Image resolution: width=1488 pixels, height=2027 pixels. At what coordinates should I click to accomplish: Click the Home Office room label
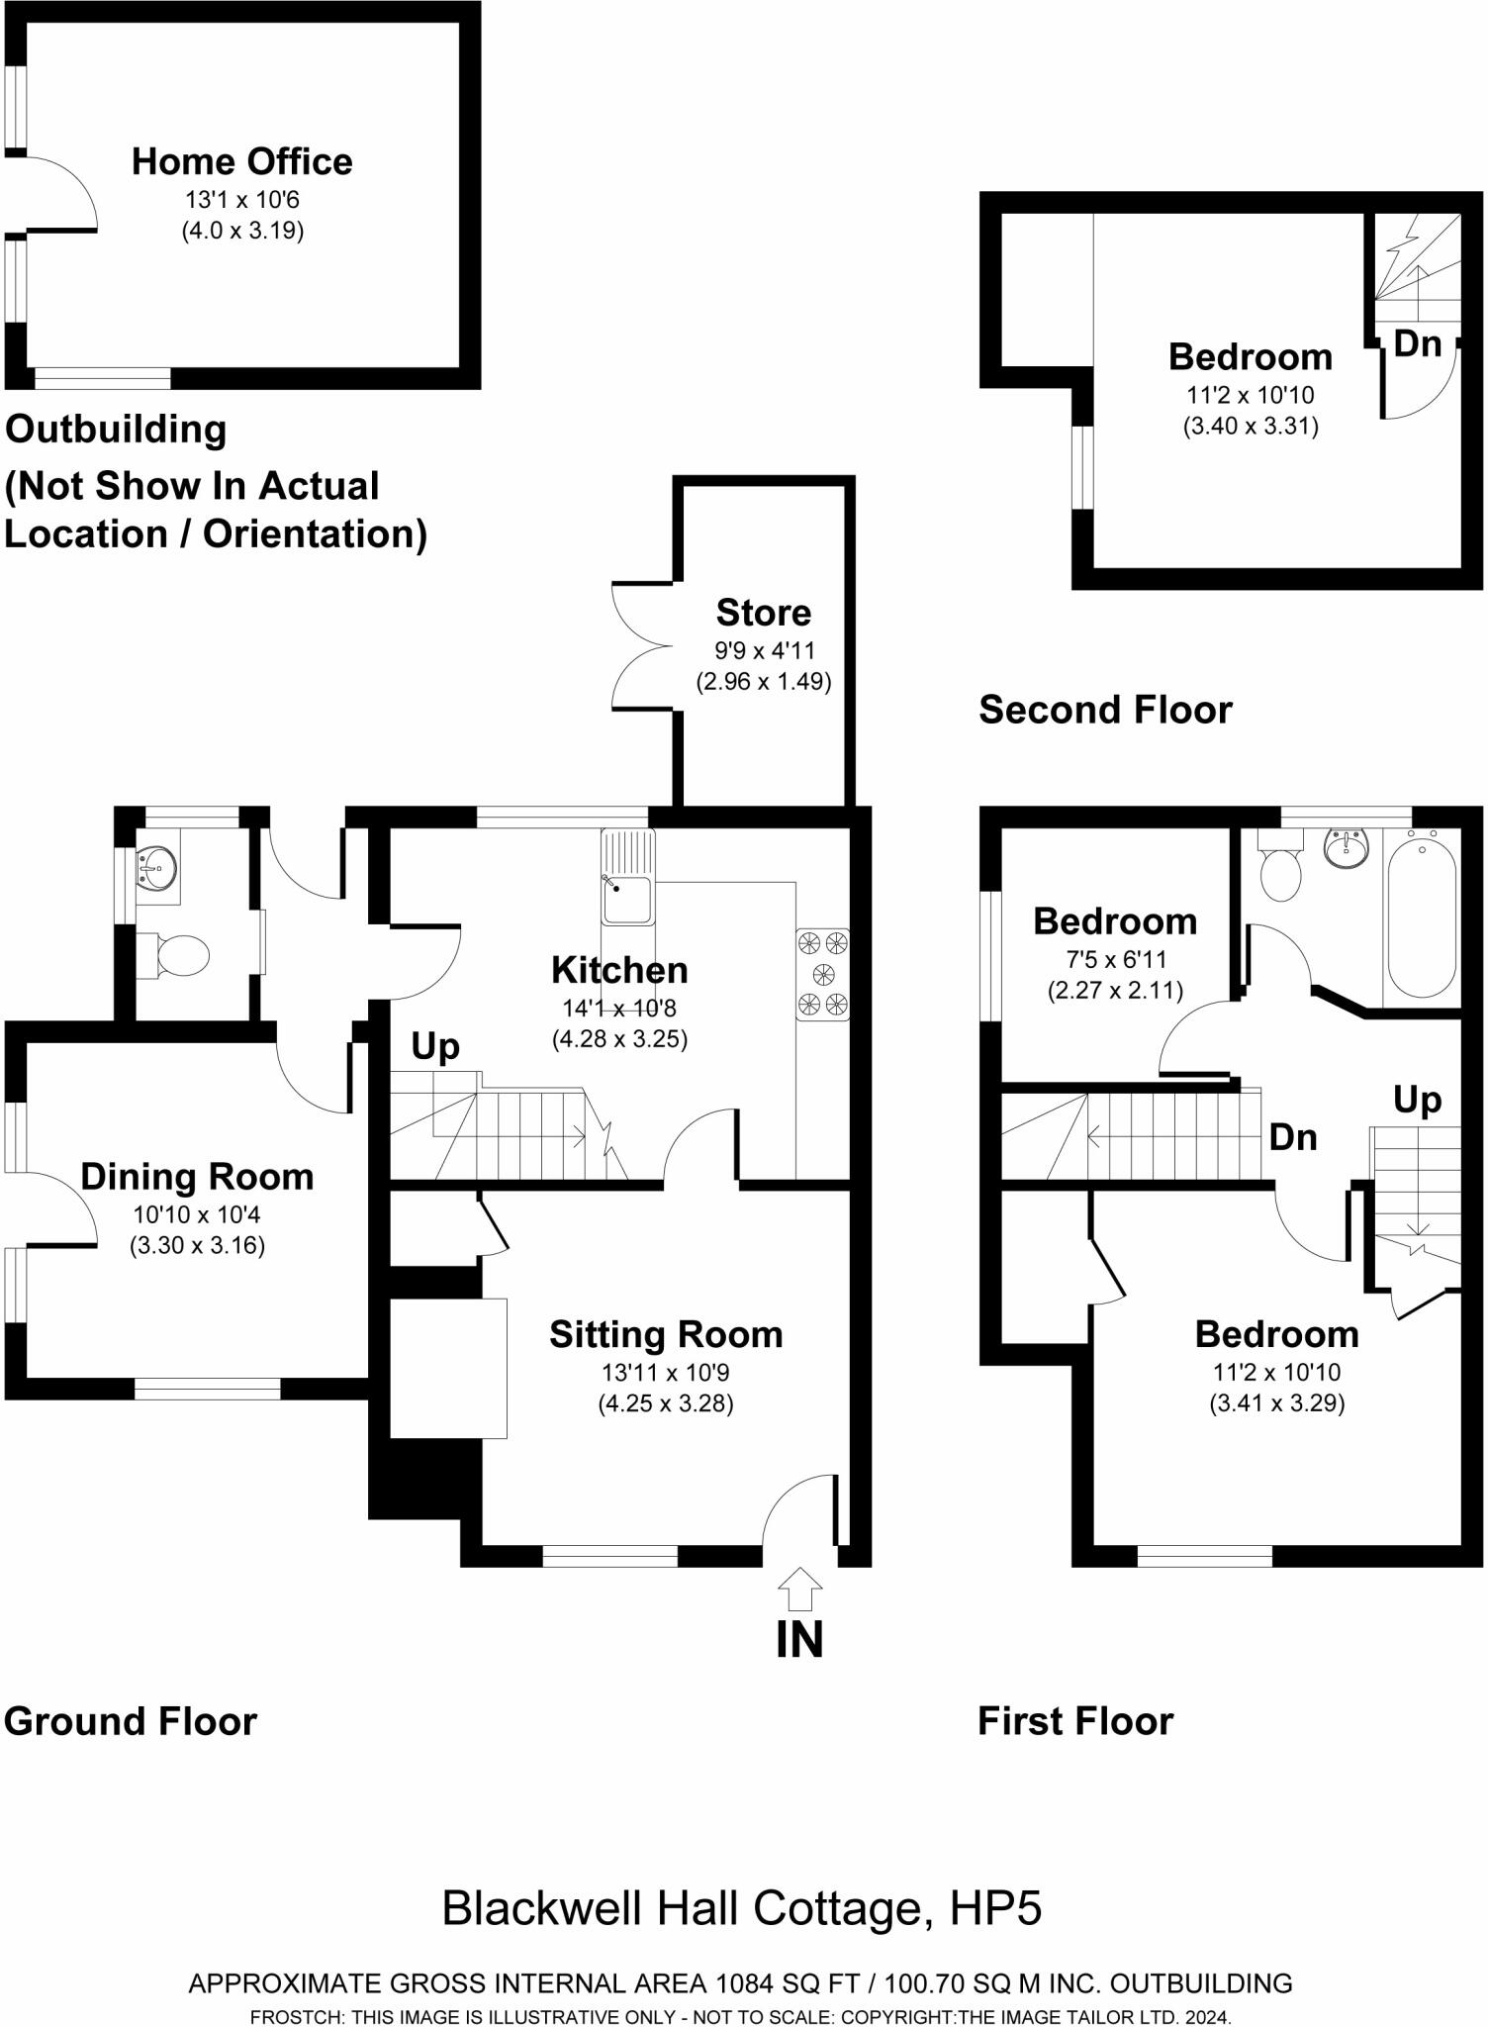coord(241,161)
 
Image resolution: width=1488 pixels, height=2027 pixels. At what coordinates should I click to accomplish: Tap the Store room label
coord(763,613)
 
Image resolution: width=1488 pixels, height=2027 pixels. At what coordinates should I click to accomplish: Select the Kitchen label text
coord(619,970)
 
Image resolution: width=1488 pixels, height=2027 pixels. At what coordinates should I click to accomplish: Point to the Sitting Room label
coord(666,1334)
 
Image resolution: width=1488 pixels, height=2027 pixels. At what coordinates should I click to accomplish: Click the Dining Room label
coord(197,1176)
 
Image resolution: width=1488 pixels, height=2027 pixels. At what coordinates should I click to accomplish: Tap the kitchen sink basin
coord(627,899)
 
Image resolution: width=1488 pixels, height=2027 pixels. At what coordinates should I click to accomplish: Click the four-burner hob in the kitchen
coord(823,974)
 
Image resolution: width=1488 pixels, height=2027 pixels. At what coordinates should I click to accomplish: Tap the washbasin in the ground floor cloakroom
coord(156,869)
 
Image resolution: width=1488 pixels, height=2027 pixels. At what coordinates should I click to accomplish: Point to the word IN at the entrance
coord(799,1640)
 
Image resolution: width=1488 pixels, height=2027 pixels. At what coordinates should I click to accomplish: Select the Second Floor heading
coord(1105,710)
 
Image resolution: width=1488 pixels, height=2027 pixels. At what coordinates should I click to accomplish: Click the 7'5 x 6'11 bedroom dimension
coord(1115,959)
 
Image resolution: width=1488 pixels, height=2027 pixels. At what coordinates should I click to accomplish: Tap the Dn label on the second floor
coord(1417,343)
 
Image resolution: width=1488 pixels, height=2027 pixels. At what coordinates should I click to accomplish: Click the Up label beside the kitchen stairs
coord(435,1046)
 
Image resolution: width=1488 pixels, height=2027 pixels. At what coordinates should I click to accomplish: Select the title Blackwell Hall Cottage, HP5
coord(742,1907)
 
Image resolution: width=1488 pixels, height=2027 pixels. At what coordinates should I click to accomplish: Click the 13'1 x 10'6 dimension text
coord(241,200)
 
